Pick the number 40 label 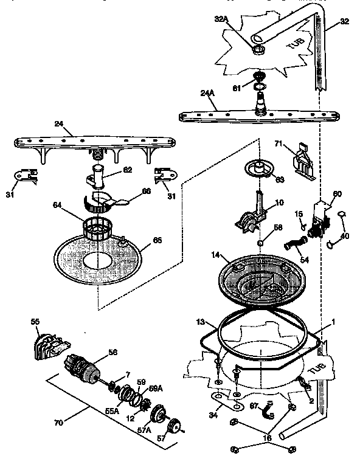[x=345, y=237]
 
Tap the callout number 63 [x=279, y=179]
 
